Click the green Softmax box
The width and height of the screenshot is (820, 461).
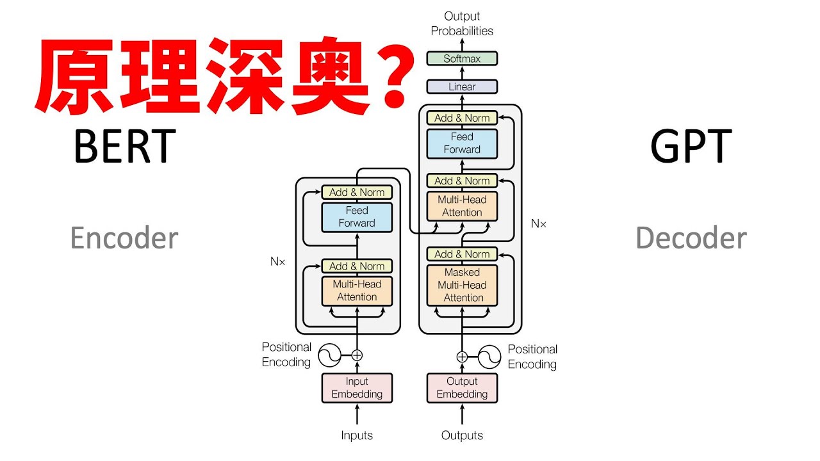pyautogui.click(x=462, y=59)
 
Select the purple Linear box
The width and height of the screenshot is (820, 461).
pyautogui.click(x=462, y=86)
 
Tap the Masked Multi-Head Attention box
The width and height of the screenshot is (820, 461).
pyautogui.click(x=462, y=285)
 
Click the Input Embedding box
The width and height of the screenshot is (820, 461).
pyautogui.click(x=357, y=388)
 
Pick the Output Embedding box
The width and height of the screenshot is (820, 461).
pyautogui.click(x=462, y=388)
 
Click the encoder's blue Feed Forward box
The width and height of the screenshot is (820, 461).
pyautogui.click(x=357, y=217)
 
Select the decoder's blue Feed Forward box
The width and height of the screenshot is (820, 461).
pyautogui.click(x=462, y=143)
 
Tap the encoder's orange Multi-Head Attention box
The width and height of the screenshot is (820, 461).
pyautogui.click(x=357, y=291)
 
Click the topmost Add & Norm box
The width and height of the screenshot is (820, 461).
pyautogui.click(x=462, y=118)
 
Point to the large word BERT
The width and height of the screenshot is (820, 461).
pyautogui.click(x=124, y=147)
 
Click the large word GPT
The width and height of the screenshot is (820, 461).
pyautogui.click(x=691, y=147)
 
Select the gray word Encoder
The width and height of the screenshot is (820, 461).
pyautogui.click(x=124, y=238)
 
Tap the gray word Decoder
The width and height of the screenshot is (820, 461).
pyautogui.click(x=691, y=238)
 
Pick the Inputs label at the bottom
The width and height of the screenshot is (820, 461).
pyautogui.click(x=357, y=435)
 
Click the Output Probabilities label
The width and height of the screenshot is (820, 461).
pyautogui.click(x=462, y=23)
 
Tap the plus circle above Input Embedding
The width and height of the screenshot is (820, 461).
pyautogui.click(x=357, y=355)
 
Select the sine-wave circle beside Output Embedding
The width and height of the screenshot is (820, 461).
pyautogui.click(x=489, y=357)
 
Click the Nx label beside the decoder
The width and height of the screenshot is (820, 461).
pyautogui.click(x=539, y=223)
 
